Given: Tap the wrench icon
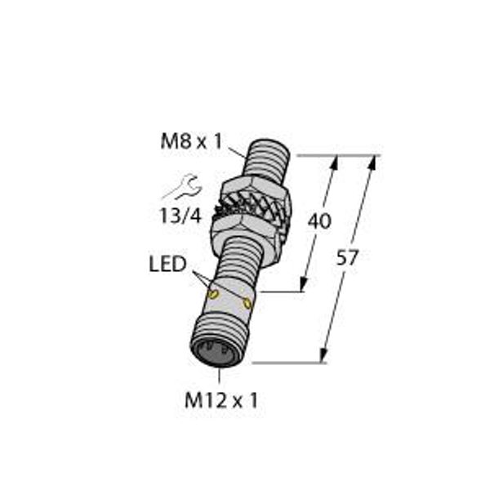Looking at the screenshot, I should (x=181, y=187).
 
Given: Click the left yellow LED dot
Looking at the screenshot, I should (x=212, y=292).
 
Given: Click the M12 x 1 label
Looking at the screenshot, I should (x=221, y=400).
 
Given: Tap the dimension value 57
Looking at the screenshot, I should (x=347, y=258).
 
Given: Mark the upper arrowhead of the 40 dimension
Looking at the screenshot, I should (x=333, y=161).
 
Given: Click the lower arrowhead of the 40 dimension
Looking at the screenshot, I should (x=303, y=284).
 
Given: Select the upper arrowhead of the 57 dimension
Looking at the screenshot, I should (x=375, y=162).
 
